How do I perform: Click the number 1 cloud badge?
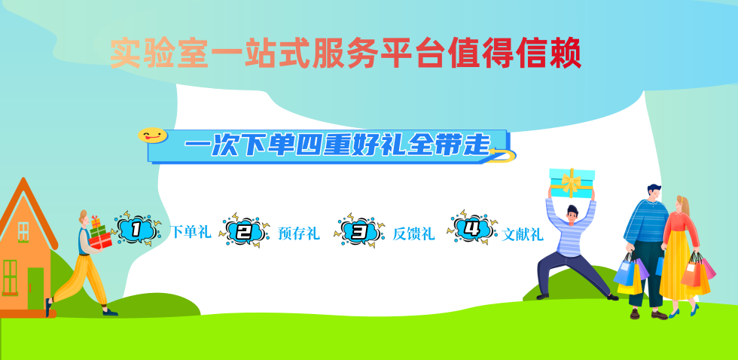[x=136, y=229]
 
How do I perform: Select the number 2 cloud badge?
[x=244, y=230]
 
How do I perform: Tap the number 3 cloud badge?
[x=359, y=230]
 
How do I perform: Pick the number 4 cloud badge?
[x=472, y=227]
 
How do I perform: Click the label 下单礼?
[x=191, y=232]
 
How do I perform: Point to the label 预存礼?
[x=299, y=233]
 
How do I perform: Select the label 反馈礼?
[x=413, y=233]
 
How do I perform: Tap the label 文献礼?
[x=523, y=234]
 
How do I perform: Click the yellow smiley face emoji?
[x=152, y=135]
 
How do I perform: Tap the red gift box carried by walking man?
[x=100, y=241]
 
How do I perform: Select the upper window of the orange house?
[x=23, y=231]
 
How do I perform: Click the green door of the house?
[x=35, y=288]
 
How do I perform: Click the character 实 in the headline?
[x=126, y=53]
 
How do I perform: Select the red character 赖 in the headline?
[x=566, y=53]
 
